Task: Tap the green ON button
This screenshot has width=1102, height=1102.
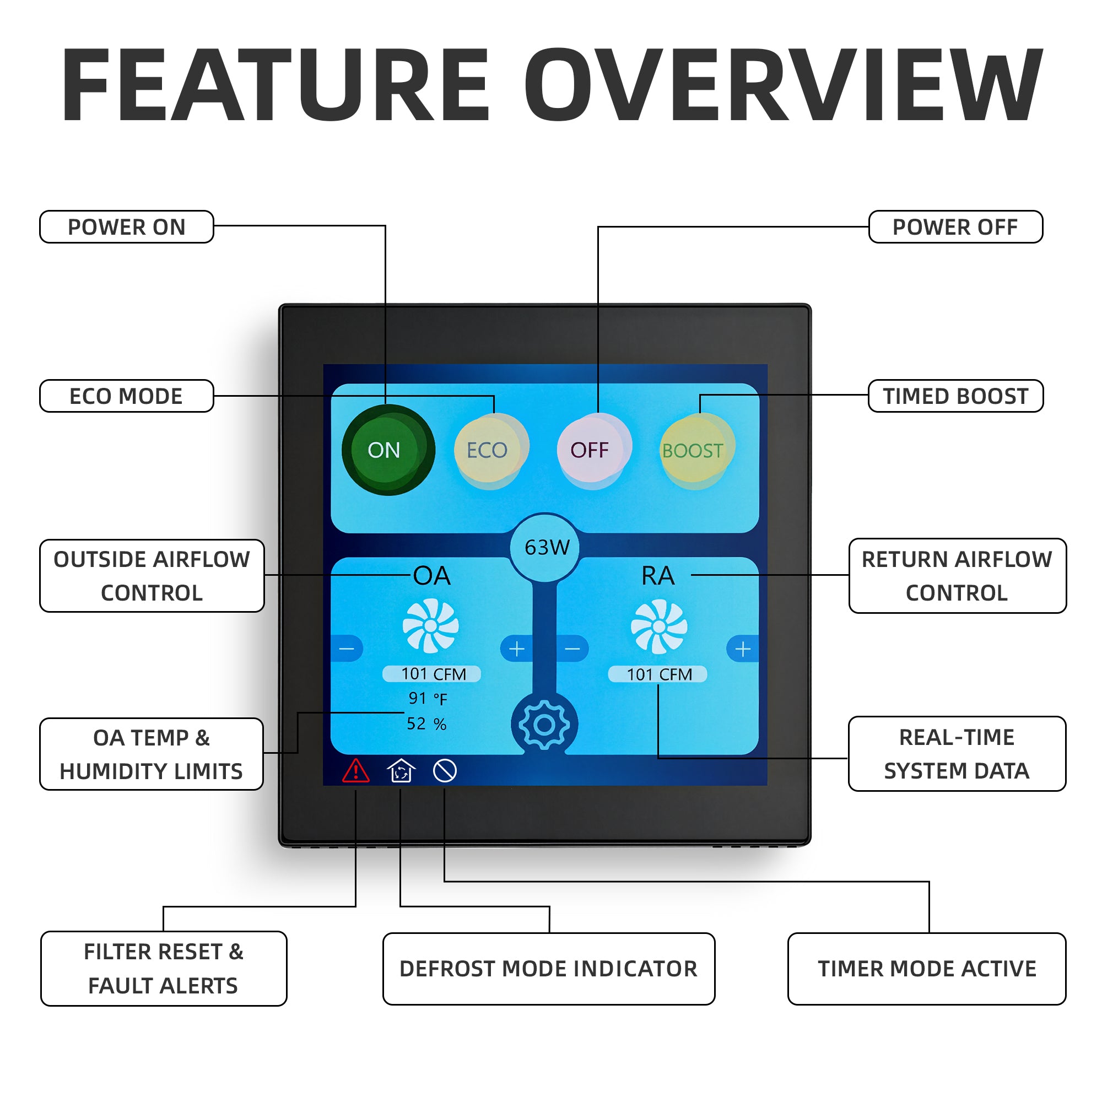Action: click(388, 450)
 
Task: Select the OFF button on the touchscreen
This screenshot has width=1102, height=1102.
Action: click(594, 451)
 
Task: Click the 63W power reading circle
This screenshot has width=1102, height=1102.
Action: click(545, 548)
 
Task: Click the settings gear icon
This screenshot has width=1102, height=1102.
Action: click(544, 725)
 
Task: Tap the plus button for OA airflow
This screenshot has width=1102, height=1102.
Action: click(516, 649)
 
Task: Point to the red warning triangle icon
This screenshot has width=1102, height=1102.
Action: click(356, 771)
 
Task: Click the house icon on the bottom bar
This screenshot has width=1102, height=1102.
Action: click(401, 771)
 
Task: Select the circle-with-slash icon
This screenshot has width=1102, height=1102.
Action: click(445, 771)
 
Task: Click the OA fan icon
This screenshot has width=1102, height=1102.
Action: click(431, 626)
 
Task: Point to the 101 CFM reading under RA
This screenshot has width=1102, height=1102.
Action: click(658, 674)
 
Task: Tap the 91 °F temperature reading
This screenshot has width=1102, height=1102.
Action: click(428, 699)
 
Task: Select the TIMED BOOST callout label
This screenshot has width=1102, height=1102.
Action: click(956, 396)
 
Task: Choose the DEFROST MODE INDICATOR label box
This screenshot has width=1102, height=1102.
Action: click(549, 969)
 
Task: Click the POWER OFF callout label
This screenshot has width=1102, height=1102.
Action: click(956, 226)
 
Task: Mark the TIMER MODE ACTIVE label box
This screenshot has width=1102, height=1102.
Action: click(927, 969)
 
